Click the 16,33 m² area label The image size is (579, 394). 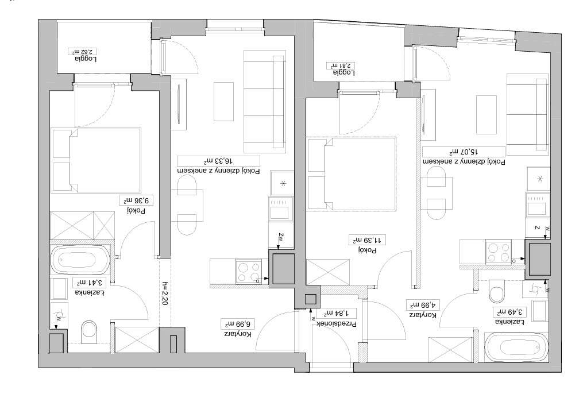click(218, 161)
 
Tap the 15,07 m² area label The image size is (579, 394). click(464, 152)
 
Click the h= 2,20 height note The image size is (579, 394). click(165, 293)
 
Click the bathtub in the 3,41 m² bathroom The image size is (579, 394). click(80, 258)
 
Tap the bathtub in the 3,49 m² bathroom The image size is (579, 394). click(516, 347)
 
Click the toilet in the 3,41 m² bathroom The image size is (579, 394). click(89, 330)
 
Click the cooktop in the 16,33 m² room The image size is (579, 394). click(249, 272)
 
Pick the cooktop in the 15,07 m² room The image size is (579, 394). click(499, 252)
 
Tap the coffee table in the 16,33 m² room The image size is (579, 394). click(224, 102)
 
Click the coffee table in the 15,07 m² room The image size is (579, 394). click(487, 114)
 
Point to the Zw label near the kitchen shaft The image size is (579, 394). click(281, 235)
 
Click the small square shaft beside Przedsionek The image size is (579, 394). click(311, 299)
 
